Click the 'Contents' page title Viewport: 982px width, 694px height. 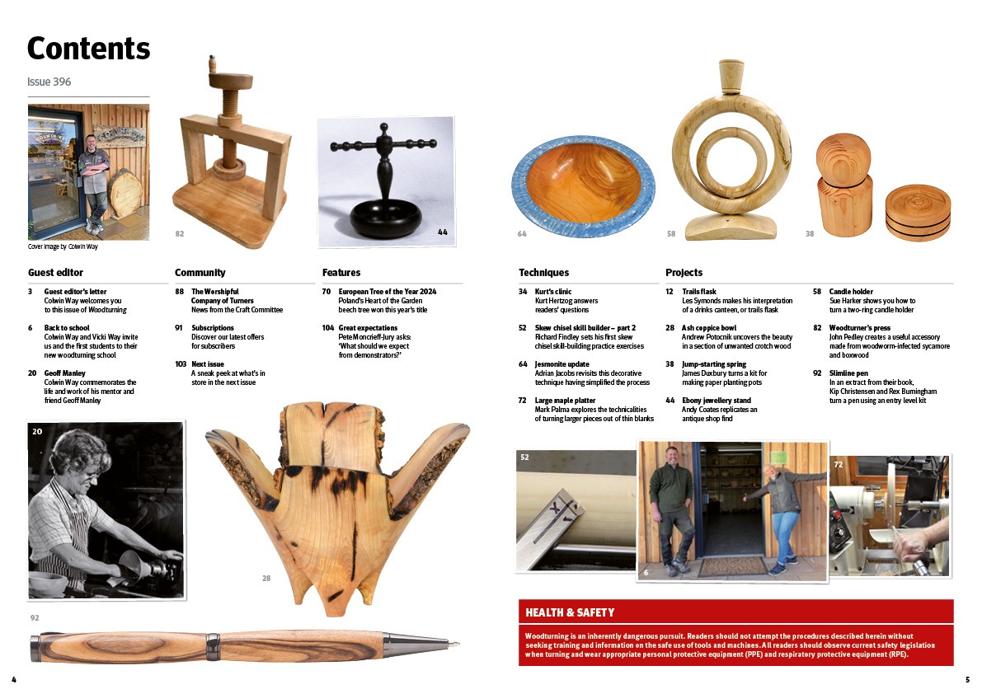pos(88,49)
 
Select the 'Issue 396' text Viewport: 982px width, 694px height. pos(49,82)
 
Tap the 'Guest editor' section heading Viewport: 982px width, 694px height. pos(55,273)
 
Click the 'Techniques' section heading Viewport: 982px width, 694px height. pos(543,273)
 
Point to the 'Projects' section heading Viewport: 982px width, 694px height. pos(684,273)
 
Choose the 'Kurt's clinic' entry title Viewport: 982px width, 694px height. pos(553,292)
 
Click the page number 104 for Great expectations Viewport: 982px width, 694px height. pos(328,328)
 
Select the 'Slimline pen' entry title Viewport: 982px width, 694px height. pos(848,373)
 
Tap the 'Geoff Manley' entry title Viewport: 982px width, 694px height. pos(64,373)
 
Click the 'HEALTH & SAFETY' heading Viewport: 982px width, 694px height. pos(570,612)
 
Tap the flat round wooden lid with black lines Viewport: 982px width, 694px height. pos(918,212)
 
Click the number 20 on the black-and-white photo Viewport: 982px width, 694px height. pos(38,432)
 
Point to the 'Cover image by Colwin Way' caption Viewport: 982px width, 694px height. pos(63,247)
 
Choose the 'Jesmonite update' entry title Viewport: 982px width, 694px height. pos(561,364)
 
